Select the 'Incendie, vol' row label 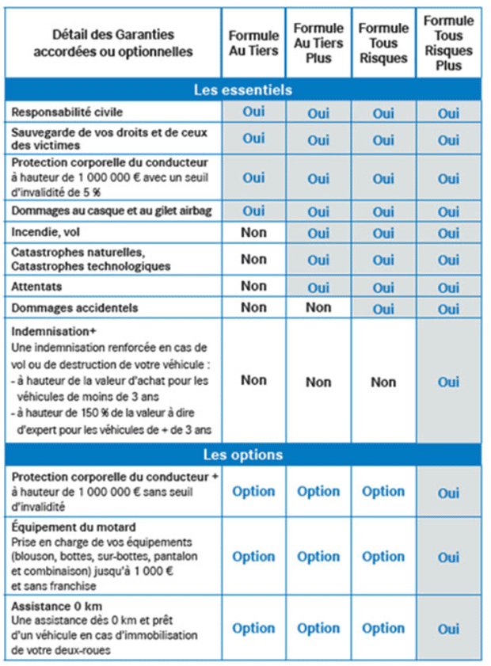46,233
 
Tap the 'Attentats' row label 37,286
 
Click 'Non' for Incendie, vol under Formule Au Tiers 253,233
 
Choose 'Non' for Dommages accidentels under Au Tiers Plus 318,307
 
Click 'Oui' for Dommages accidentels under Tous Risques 383,308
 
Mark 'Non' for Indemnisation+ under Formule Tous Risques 383,382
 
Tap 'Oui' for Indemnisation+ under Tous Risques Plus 448,382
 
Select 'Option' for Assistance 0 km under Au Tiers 253,628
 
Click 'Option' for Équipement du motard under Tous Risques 383,557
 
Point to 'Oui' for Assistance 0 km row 448,629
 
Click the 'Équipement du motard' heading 74,527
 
